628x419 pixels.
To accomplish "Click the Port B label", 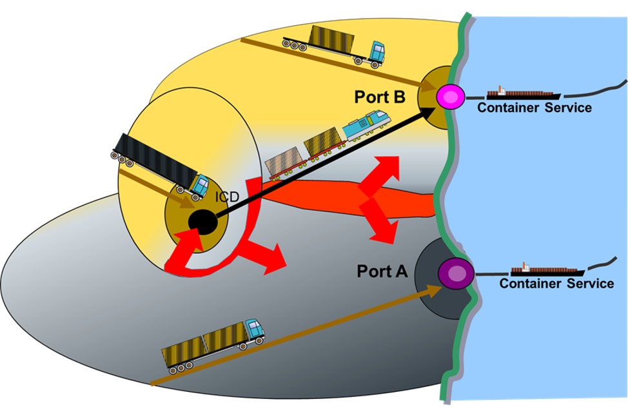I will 380,97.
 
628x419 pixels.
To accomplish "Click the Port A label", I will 382,271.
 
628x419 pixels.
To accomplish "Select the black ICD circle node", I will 202,222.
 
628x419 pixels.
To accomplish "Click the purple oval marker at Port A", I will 456,274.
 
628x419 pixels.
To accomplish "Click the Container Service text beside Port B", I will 534,108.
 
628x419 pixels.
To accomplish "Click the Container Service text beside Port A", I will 556,284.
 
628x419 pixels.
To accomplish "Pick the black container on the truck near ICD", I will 155,159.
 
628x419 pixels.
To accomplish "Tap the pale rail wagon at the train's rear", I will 284,161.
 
